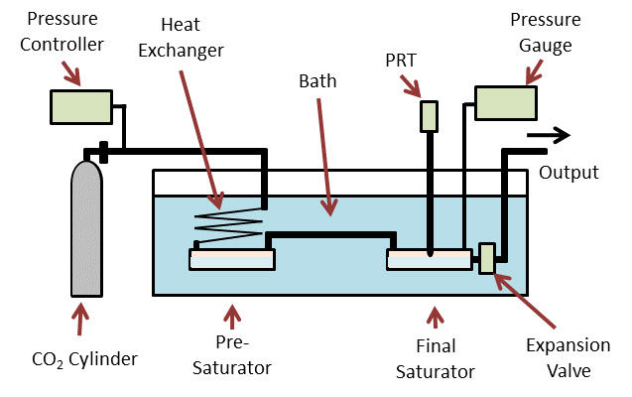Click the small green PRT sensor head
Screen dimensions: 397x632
(x=429, y=116)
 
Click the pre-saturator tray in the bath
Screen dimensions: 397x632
(x=231, y=259)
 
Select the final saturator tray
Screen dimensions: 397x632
(x=429, y=259)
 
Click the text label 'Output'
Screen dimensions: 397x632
(x=569, y=173)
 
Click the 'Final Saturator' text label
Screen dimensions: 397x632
(x=434, y=361)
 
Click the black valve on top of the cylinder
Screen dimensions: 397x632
(x=102, y=152)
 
